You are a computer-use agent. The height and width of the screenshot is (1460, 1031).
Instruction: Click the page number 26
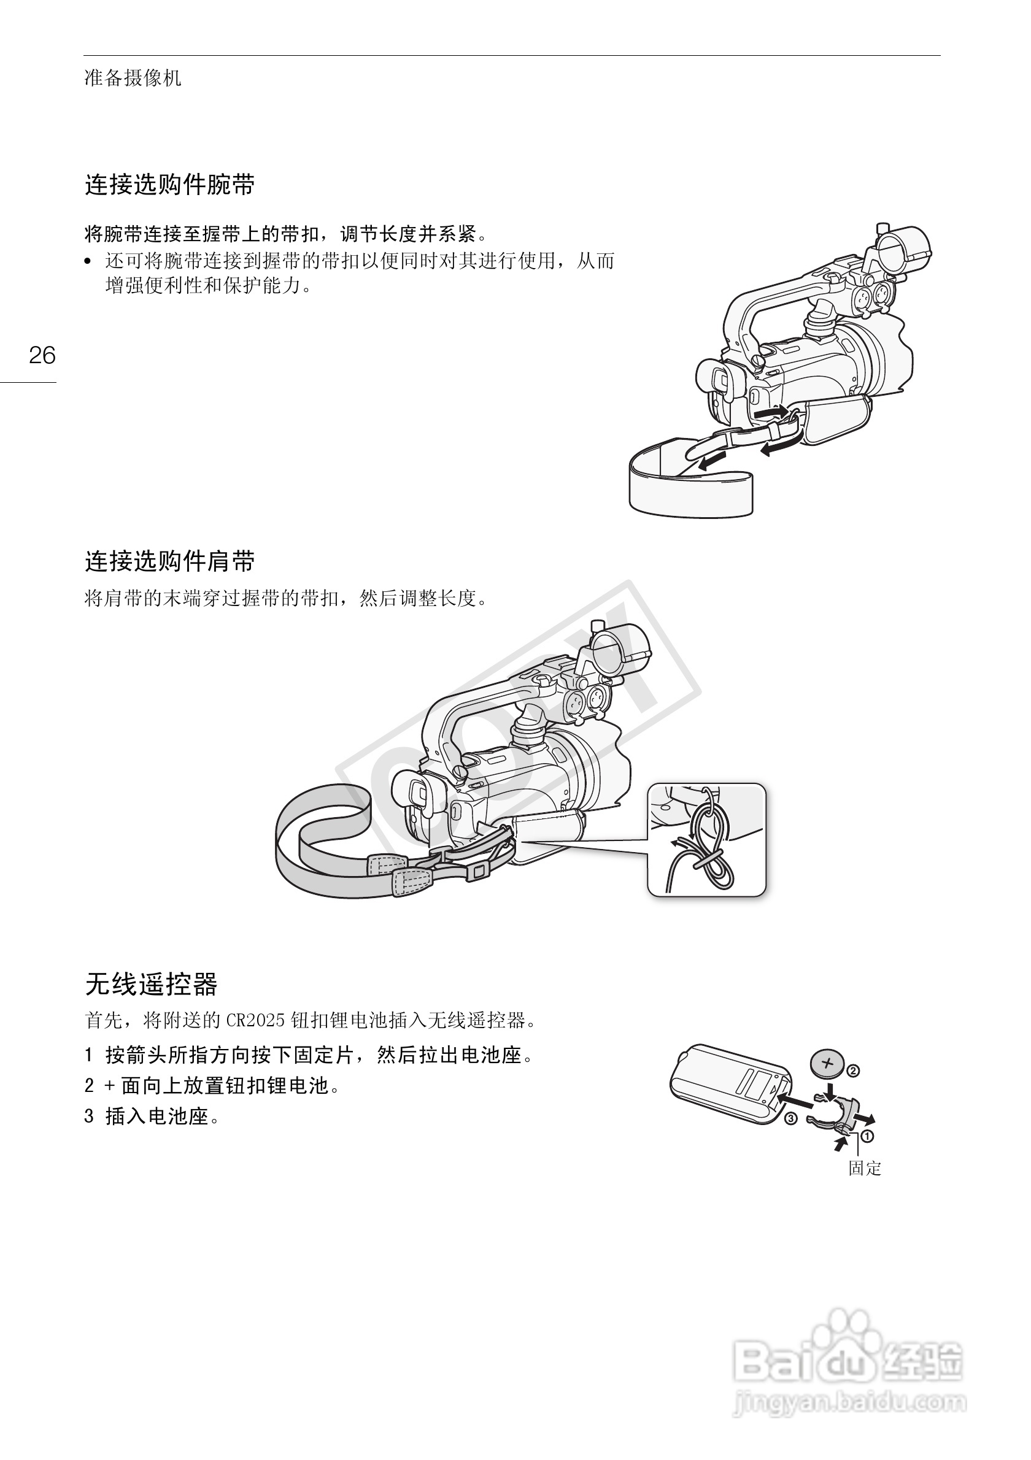42,355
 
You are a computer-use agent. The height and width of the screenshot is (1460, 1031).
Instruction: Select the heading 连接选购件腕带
170,185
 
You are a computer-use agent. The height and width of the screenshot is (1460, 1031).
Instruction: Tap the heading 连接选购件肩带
170,561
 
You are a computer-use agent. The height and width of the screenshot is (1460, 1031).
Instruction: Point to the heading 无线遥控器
152,985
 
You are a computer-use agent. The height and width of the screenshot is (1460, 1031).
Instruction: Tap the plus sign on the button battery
827,1062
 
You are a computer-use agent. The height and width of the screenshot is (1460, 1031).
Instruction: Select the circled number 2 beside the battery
853,1071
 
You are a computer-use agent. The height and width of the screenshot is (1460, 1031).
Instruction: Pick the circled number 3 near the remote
790,1118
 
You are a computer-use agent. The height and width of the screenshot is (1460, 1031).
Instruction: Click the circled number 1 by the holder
867,1135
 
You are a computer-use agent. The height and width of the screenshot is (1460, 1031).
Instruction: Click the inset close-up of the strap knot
706,839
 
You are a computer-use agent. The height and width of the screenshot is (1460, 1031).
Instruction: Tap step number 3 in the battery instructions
89,1116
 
